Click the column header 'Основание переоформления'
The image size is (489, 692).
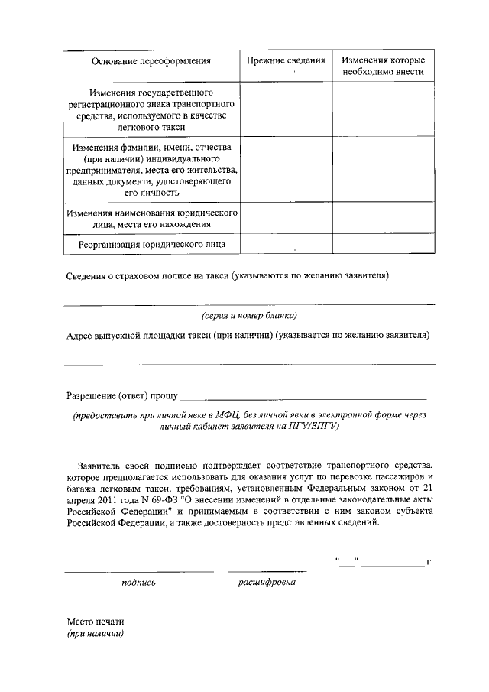pos(151,60)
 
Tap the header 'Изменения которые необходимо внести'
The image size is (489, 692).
pos(383,66)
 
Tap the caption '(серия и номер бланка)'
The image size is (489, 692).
pos(249,315)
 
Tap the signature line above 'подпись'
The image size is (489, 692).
pos(138,570)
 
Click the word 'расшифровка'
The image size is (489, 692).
pos(267,583)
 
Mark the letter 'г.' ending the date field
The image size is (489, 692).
pos(430,563)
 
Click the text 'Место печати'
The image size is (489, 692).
pos(94,622)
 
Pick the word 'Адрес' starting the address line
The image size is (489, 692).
pos(80,335)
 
